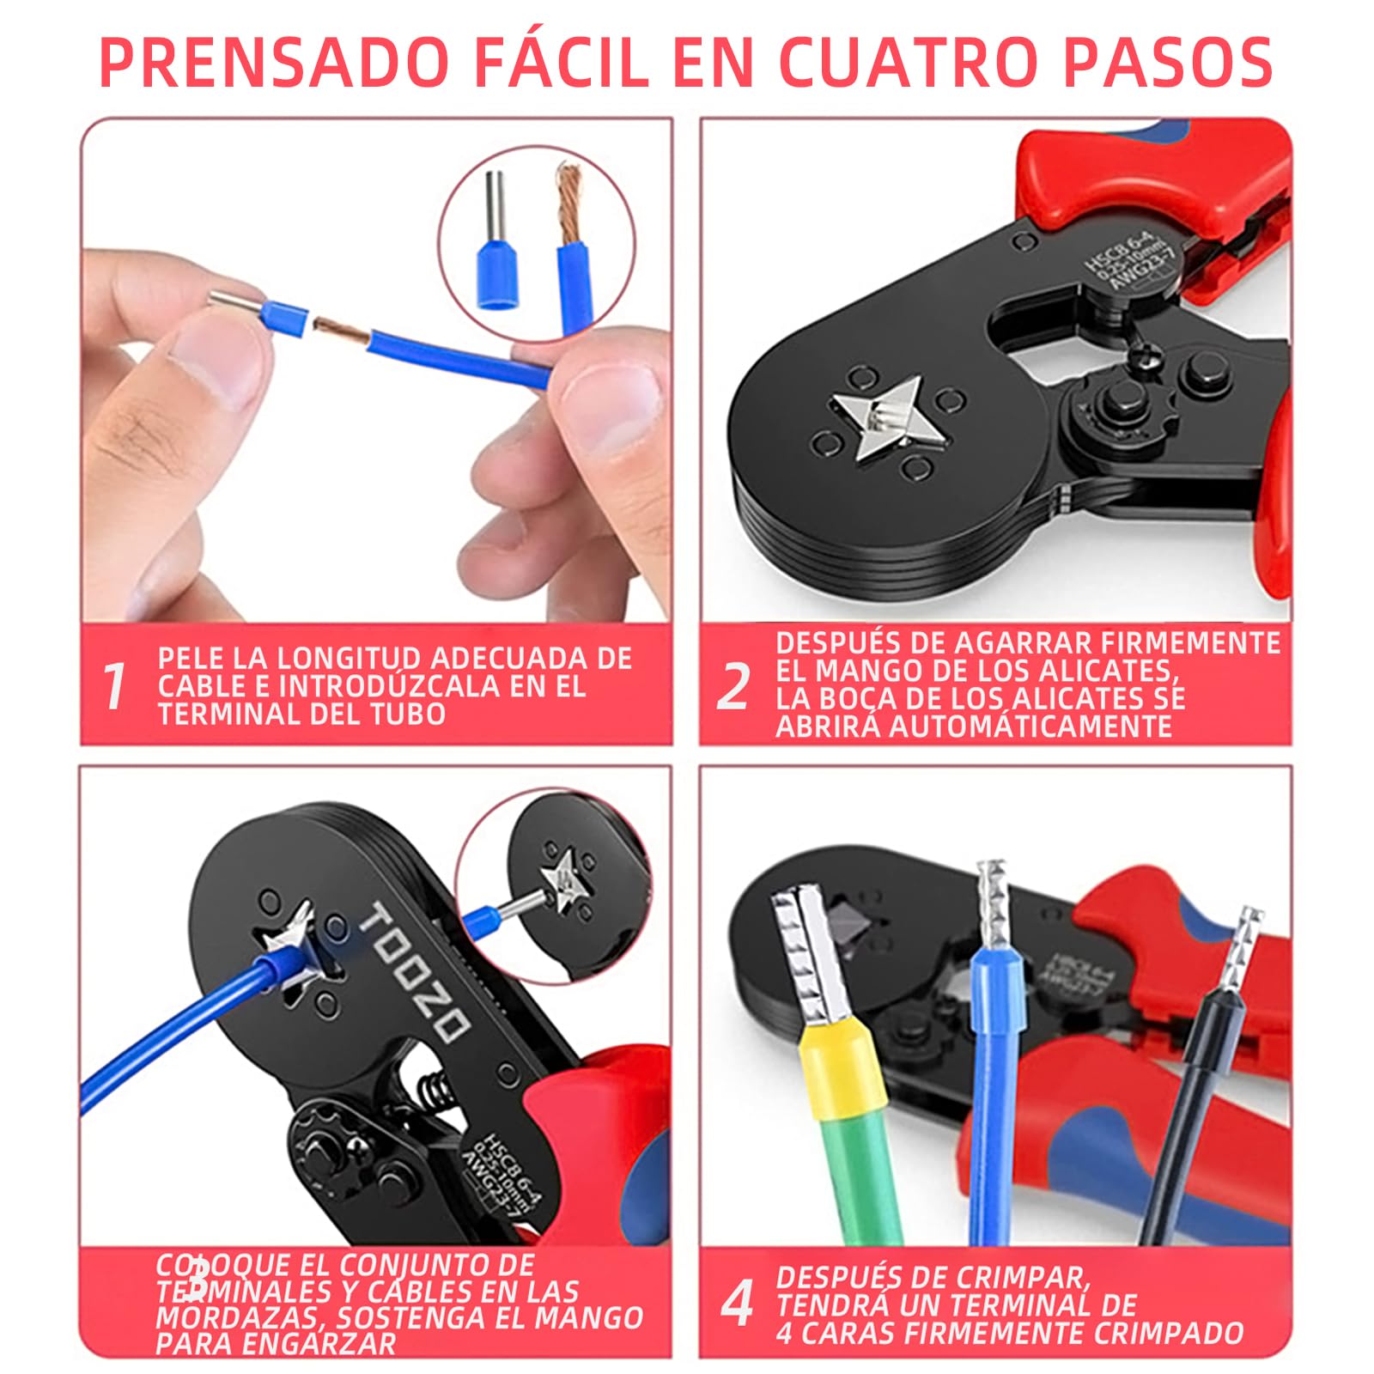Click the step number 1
[113, 685]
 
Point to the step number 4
[737, 1303]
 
